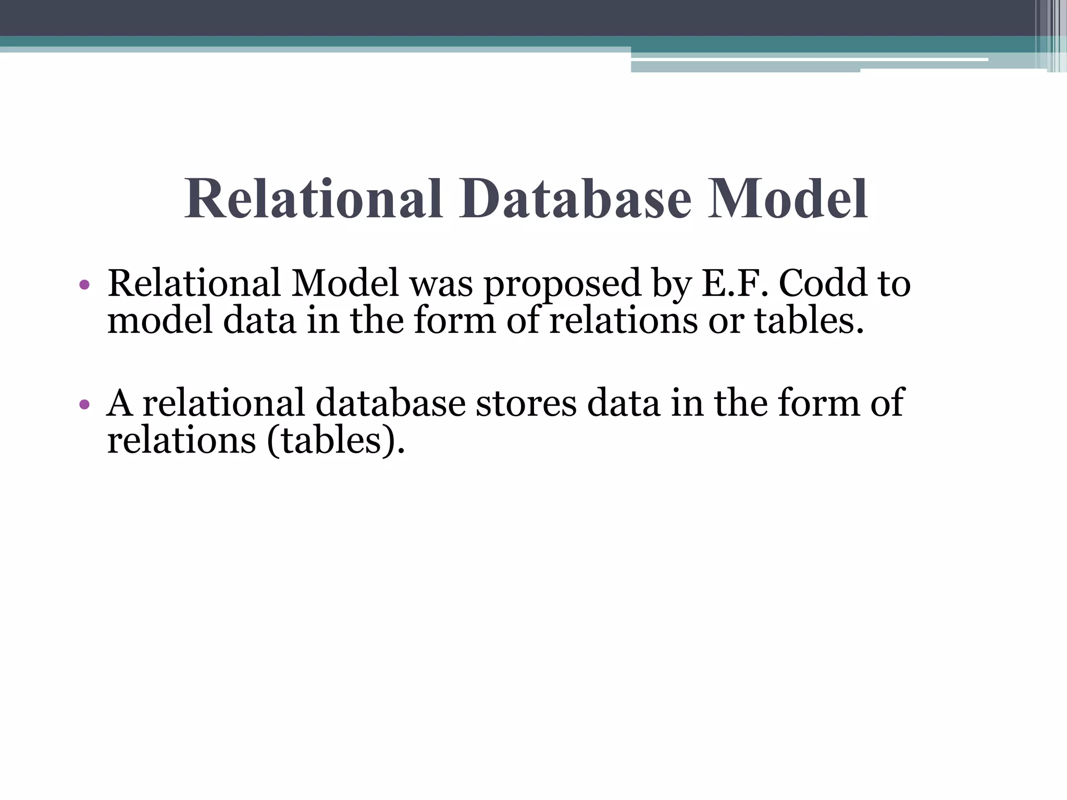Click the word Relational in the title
[313, 199]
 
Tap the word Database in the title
[575, 199]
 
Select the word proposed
[562, 285]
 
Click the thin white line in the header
[808, 60]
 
